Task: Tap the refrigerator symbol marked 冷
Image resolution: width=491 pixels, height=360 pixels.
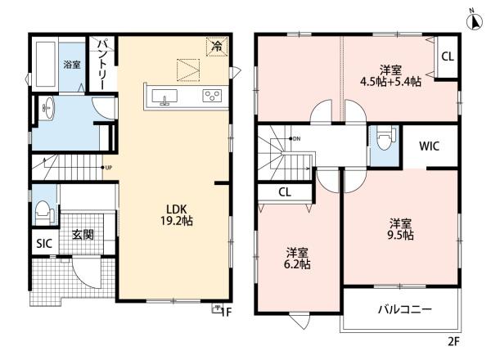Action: point(217,47)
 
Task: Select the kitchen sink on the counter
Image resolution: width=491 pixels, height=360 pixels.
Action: point(164,97)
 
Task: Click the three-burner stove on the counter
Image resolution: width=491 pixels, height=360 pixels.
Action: point(212,96)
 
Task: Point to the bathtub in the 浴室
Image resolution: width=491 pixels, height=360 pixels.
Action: point(46,64)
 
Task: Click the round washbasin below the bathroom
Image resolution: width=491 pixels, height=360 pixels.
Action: point(48,108)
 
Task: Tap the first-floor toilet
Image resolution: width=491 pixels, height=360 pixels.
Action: point(44,212)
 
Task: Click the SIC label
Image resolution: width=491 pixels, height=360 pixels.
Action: point(44,243)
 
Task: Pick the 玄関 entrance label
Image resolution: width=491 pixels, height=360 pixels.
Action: point(83,234)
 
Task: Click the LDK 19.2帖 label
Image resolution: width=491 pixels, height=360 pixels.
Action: point(177,215)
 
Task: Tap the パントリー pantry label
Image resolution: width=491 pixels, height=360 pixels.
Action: point(101,64)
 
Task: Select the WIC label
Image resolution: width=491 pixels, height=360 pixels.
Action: point(429,146)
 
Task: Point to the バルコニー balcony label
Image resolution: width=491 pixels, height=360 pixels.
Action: point(405,309)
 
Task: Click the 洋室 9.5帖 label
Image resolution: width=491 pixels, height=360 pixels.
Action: point(400,229)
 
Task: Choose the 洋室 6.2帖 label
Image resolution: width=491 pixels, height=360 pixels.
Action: point(297,259)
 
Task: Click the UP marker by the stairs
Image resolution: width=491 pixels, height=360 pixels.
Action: point(106,168)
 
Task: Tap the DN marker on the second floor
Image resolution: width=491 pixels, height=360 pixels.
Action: point(295,138)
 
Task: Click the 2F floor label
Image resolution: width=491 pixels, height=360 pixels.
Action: point(453,341)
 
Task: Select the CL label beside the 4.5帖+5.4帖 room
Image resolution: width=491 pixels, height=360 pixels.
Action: point(448,56)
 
